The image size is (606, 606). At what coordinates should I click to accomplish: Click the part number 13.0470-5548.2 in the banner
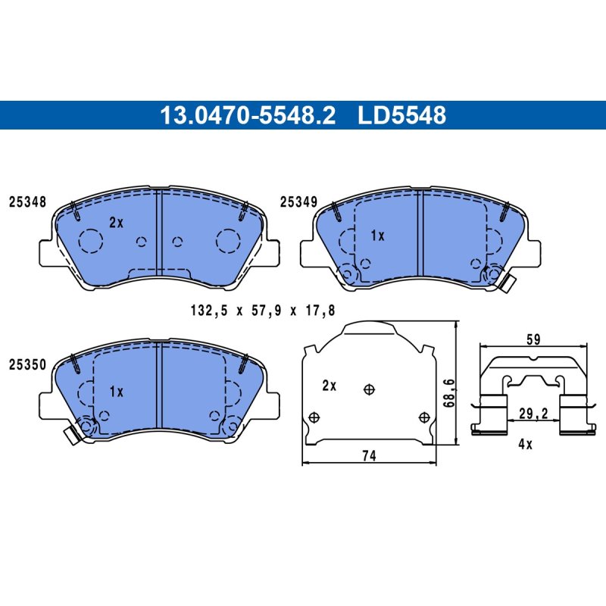[248, 115]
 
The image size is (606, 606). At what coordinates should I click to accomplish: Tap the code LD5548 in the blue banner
[402, 115]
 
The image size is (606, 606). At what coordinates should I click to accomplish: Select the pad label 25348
[28, 201]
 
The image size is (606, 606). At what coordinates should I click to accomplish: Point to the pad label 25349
[298, 201]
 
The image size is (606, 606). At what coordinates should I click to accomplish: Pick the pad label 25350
[28, 364]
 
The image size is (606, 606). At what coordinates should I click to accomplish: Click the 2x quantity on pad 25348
[116, 222]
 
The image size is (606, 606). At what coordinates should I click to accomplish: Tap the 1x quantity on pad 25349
[377, 236]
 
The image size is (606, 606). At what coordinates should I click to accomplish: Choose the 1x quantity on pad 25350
[117, 392]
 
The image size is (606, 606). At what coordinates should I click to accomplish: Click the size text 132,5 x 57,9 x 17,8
[263, 311]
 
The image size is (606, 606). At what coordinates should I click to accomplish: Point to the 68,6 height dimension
[448, 392]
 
